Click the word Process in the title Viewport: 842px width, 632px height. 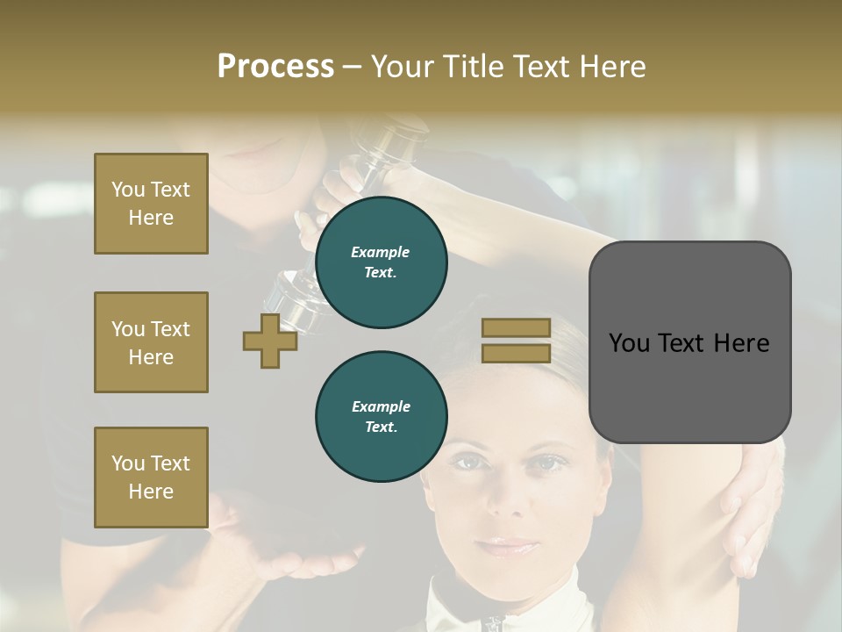275,67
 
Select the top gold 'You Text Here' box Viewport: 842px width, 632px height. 151,204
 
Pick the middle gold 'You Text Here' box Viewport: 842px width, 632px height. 151,342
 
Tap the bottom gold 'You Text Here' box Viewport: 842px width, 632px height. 151,478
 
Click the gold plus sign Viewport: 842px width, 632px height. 270,341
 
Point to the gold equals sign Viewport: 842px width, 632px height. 516,341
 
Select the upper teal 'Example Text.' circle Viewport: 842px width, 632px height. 381,262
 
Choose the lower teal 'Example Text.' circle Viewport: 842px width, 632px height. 381,417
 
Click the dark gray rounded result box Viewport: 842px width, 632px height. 689,341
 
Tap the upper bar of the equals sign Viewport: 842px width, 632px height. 516,328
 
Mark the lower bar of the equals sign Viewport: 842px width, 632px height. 516,353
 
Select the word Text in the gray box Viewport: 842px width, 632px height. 689,343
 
